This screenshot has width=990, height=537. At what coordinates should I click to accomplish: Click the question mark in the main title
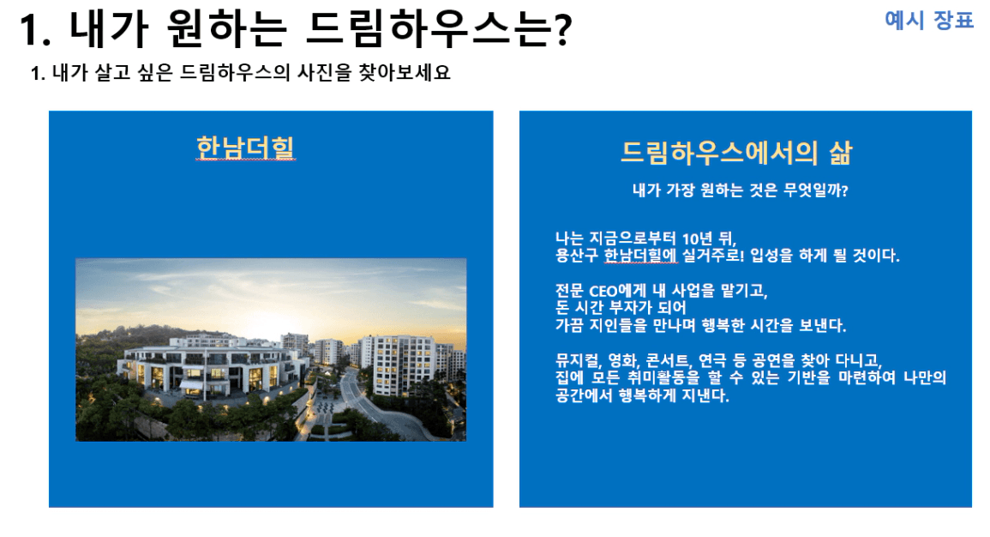[560, 28]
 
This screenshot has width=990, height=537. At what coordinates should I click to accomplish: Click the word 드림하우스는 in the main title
[427, 28]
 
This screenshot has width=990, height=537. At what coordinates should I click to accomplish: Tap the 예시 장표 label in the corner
[929, 20]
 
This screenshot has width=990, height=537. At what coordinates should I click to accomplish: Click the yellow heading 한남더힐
[246, 148]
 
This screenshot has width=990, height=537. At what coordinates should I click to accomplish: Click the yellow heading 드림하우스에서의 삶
[736, 152]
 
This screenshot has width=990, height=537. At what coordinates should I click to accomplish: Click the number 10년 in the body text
[697, 238]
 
